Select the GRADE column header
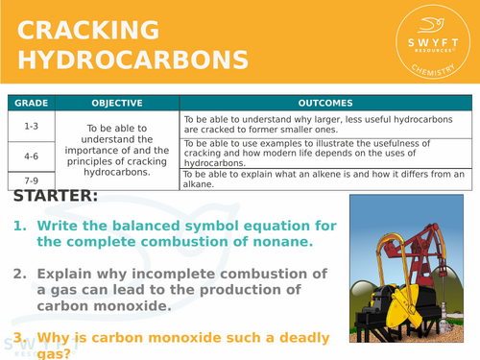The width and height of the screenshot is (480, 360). coord(31,103)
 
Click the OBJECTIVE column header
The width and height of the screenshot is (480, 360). coord(116,103)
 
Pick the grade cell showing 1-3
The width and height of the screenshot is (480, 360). coord(31,126)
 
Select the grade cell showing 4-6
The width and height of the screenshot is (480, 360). coord(31,154)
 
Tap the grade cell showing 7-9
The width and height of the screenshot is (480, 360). coord(31,180)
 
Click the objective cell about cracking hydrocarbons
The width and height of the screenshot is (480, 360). coord(116,147)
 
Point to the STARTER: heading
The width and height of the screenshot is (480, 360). coord(57,197)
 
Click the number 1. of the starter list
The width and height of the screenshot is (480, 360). coord(19,226)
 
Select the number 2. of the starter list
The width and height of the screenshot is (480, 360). coord(19,274)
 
